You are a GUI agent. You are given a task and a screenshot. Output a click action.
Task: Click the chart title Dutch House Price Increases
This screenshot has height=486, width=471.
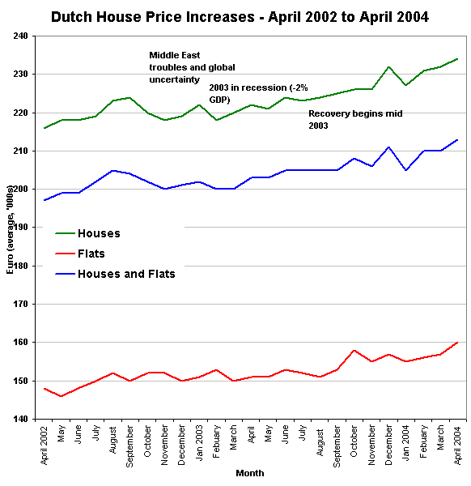click(240, 15)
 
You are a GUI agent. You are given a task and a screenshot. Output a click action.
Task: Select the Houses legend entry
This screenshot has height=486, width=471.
click(99, 233)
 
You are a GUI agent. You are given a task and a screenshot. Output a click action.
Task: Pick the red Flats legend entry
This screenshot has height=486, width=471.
click(91, 254)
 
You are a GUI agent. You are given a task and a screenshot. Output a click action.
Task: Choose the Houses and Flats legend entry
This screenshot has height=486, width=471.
click(126, 274)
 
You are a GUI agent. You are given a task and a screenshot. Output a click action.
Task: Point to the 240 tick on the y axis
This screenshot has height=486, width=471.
click(19, 36)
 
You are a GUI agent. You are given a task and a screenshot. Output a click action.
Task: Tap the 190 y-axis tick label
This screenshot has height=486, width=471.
click(19, 228)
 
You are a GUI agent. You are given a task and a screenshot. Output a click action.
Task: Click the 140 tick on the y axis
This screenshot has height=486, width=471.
click(19, 420)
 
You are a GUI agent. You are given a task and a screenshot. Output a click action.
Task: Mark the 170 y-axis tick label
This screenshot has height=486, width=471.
click(19, 305)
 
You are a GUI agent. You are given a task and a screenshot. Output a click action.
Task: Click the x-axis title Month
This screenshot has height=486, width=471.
click(249, 473)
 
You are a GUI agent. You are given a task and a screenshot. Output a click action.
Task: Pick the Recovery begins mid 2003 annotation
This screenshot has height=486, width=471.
click(354, 120)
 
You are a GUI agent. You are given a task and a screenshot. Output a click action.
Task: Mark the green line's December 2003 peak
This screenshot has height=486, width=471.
click(389, 67)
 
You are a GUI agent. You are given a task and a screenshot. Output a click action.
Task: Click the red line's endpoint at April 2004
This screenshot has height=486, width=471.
click(458, 343)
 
